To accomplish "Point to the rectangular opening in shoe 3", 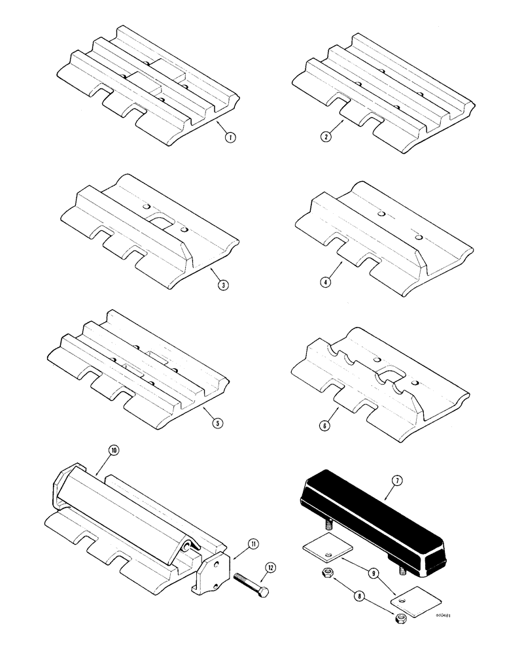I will pyautogui.click(x=162, y=224).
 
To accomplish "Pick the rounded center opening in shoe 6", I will pyautogui.click(x=389, y=375).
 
